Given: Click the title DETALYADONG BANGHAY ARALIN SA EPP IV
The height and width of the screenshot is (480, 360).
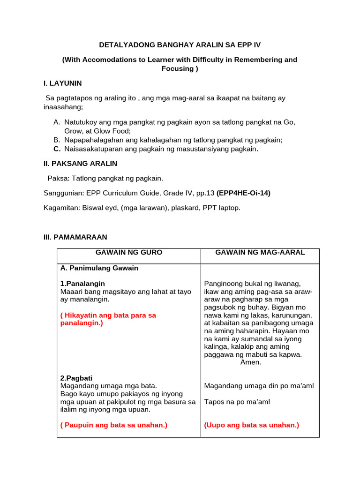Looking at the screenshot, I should click(x=180, y=45).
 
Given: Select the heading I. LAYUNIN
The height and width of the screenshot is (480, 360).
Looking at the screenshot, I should click(x=62, y=83).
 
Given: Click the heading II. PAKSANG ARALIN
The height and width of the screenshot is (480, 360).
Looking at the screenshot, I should click(x=80, y=164).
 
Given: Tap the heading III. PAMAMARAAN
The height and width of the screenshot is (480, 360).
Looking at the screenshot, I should click(x=75, y=238).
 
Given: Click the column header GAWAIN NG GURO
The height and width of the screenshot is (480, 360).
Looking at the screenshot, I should click(x=129, y=252).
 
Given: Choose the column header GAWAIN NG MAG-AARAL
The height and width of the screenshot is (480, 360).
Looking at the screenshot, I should click(x=260, y=252).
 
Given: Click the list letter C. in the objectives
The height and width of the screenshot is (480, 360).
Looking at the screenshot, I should click(x=57, y=149).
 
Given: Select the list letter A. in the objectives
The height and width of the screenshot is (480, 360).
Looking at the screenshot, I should click(x=57, y=122).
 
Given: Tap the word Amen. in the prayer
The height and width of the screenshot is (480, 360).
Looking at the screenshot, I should click(x=251, y=362).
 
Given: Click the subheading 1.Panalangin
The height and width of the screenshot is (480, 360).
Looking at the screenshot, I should click(x=82, y=284).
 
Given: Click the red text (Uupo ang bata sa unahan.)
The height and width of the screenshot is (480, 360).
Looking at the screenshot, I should click(x=252, y=425).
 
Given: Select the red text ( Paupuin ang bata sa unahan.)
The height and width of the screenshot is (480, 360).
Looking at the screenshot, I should click(x=114, y=425).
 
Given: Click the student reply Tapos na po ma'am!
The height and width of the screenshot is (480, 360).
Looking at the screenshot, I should click(x=237, y=402).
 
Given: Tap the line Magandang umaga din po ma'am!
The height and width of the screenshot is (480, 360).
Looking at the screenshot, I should click(x=259, y=386).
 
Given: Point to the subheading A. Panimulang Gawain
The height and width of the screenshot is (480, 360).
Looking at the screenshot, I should click(x=99, y=268).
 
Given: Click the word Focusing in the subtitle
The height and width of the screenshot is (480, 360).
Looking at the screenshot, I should click(x=177, y=68).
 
